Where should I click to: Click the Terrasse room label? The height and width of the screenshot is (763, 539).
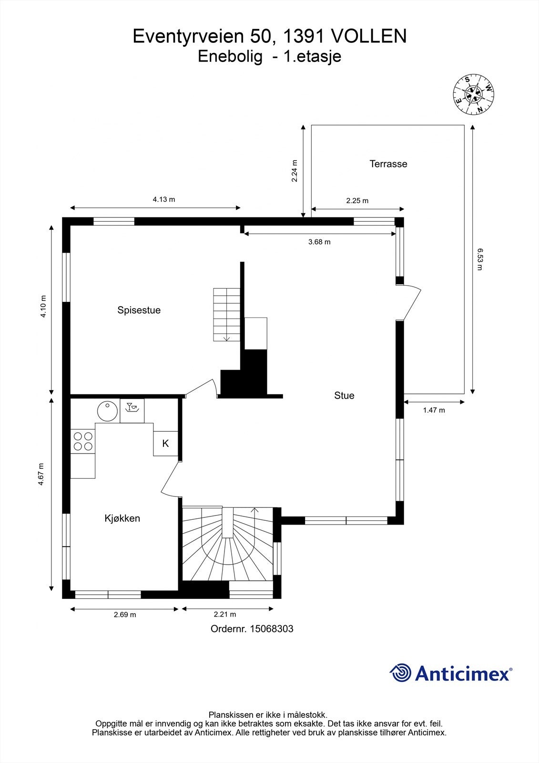coord(388,164)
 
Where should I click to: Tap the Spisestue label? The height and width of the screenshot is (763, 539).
coord(139,310)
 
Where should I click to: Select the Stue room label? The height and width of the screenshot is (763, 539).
coord(344,396)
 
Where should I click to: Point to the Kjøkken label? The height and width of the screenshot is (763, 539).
coord(122,518)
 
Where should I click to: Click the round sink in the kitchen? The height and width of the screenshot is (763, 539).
coord(107,411)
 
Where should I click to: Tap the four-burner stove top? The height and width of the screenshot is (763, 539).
coord(82,441)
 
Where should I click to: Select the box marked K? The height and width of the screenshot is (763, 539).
coord(165,443)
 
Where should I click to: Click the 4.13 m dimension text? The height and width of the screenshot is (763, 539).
coord(163,199)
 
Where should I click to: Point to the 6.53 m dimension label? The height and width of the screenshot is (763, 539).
coord(480,259)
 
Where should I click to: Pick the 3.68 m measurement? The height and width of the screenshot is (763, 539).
coord(319,242)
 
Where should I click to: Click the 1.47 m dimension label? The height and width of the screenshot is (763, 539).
coord(434,410)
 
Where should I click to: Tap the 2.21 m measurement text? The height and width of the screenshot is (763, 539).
coord(224,615)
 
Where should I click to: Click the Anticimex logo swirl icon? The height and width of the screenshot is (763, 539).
coord(400,673)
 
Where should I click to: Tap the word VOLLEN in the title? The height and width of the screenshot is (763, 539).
coord(368,37)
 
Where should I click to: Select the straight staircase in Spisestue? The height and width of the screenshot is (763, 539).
coord(227,314)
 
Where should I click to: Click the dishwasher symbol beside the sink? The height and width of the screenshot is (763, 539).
coord(132,411)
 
